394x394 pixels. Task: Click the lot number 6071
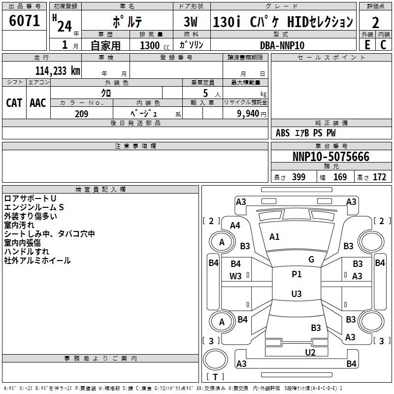[x=24, y=21]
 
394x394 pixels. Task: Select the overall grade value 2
[x=375, y=23]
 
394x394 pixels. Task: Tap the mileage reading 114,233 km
[x=58, y=70]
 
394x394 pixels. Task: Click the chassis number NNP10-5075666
[x=331, y=157]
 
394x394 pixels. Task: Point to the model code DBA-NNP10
[x=282, y=45]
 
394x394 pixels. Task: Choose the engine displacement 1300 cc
[x=155, y=45]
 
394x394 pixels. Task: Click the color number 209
[x=81, y=114]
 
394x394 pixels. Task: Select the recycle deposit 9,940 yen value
[x=252, y=114]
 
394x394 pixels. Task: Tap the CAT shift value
[x=14, y=103]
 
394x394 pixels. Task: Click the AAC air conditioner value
[x=38, y=103]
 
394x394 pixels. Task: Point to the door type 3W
[x=191, y=22]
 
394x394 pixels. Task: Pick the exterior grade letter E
[x=367, y=45]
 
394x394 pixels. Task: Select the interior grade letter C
[x=383, y=45]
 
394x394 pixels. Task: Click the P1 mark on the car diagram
[x=296, y=274]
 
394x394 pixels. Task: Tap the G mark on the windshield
[x=311, y=260]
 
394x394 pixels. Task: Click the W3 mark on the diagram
[x=235, y=276]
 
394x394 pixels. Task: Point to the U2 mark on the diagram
[x=310, y=353]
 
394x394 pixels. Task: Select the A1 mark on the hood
[x=274, y=237]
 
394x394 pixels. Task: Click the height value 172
[x=379, y=177]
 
